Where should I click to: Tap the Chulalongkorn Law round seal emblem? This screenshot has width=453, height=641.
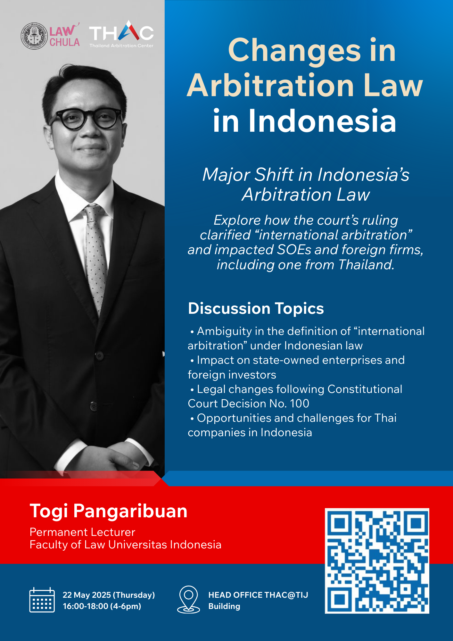click(x=34, y=36)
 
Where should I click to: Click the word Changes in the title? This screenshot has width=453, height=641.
click(x=294, y=50)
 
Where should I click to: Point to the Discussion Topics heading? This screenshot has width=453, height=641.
click(x=256, y=308)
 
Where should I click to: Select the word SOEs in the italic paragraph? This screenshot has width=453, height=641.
click(x=294, y=250)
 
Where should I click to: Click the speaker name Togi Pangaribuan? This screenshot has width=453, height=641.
click(x=108, y=511)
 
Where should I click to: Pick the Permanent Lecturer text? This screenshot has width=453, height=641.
click(x=82, y=532)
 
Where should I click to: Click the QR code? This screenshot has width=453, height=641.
click(x=377, y=561)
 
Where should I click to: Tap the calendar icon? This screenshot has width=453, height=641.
click(x=42, y=600)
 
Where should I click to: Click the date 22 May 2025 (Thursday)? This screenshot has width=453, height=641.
click(x=109, y=595)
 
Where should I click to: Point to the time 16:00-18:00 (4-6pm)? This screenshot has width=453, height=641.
click(x=102, y=606)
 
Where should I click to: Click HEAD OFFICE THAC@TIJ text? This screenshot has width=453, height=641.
click(x=258, y=595)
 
